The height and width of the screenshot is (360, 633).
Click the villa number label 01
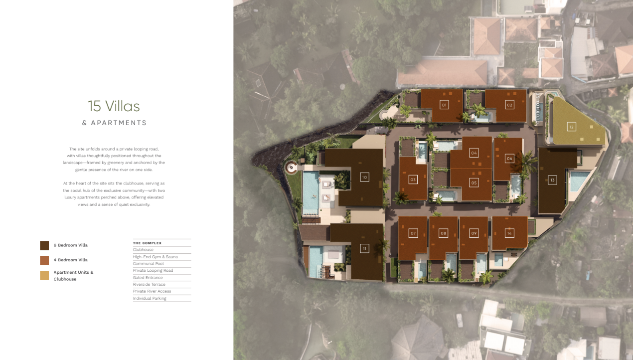(x=444, y=105)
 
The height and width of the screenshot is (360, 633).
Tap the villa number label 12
(x=571, y=127)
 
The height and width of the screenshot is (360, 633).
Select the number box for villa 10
(x=364, y=178)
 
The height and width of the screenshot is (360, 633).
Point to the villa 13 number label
(x=552, y=180)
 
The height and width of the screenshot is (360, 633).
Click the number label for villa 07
(x=413, y=233)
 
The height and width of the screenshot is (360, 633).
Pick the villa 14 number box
(x=509, y=233)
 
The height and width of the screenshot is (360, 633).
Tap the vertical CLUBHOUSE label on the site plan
(x=538, y=108)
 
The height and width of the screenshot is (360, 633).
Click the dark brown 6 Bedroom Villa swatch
(x=44, y=245)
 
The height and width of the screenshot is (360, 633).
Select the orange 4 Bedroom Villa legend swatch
(x=44, y=260)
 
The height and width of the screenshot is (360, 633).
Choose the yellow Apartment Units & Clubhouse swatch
(x=44, y=275)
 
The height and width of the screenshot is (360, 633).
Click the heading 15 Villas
(x=114, y=106)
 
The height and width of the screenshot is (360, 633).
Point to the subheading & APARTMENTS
(x=114, y=123)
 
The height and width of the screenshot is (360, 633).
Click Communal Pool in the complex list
(x=148, y=264)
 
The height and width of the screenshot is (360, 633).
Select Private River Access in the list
(x=152, y=291)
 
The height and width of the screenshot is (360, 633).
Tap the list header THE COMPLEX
(x=147, y=243)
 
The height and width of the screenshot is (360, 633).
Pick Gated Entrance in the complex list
(x=148, y=277)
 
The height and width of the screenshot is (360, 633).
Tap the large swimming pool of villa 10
(x=311, y=193)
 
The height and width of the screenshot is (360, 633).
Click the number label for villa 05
(x=474, y=182)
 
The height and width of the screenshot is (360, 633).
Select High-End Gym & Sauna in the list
(x=155, y=257)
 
